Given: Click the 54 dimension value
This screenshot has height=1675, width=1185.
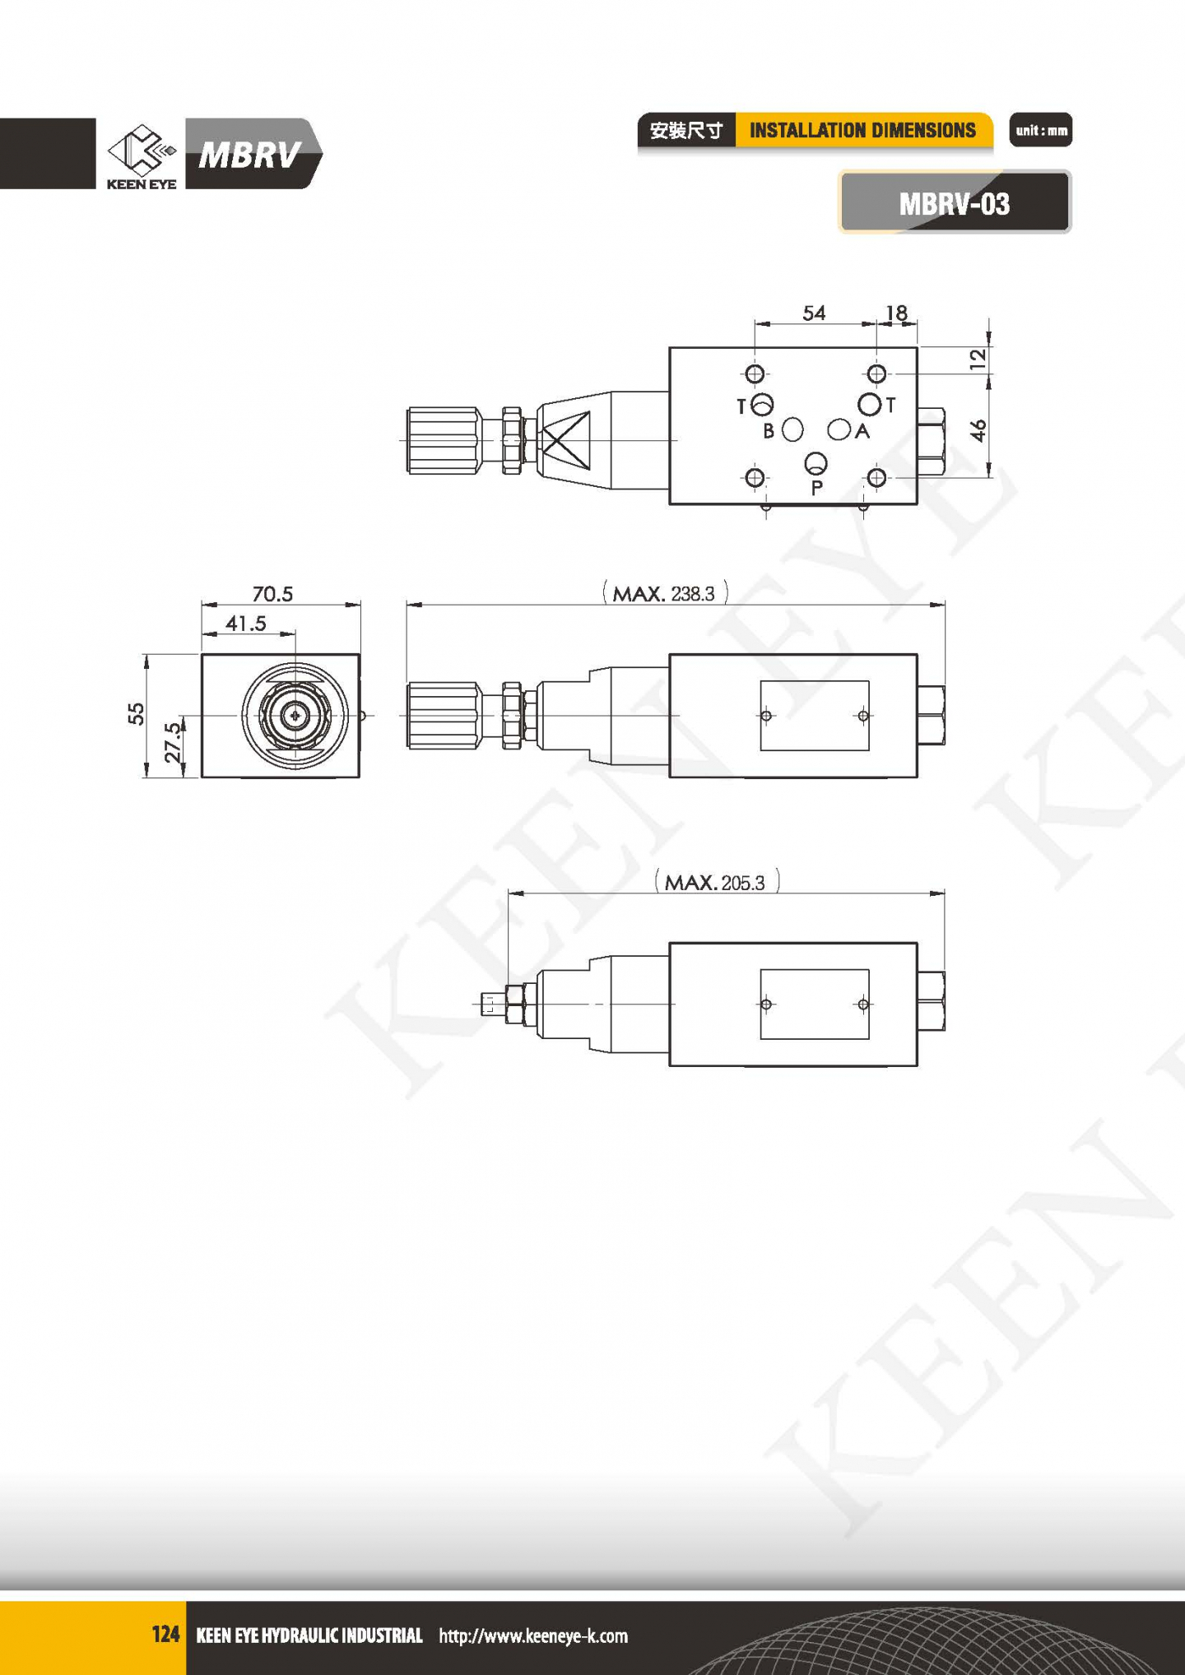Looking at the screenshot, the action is [814, 313].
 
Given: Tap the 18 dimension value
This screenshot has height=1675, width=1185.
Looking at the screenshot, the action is [896, 313].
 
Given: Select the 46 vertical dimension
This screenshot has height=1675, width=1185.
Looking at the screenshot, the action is [978, 430].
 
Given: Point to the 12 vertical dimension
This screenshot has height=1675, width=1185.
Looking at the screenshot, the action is [977, 359].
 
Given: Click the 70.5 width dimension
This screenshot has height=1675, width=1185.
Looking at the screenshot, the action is [272, 593].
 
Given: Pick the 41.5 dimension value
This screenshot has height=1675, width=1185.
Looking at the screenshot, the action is [246, 624].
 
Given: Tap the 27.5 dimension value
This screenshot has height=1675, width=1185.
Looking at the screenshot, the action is [173, 742].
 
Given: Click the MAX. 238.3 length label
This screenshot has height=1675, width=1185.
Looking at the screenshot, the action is [665, 593].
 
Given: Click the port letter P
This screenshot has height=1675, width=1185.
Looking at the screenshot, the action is [817, 488].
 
